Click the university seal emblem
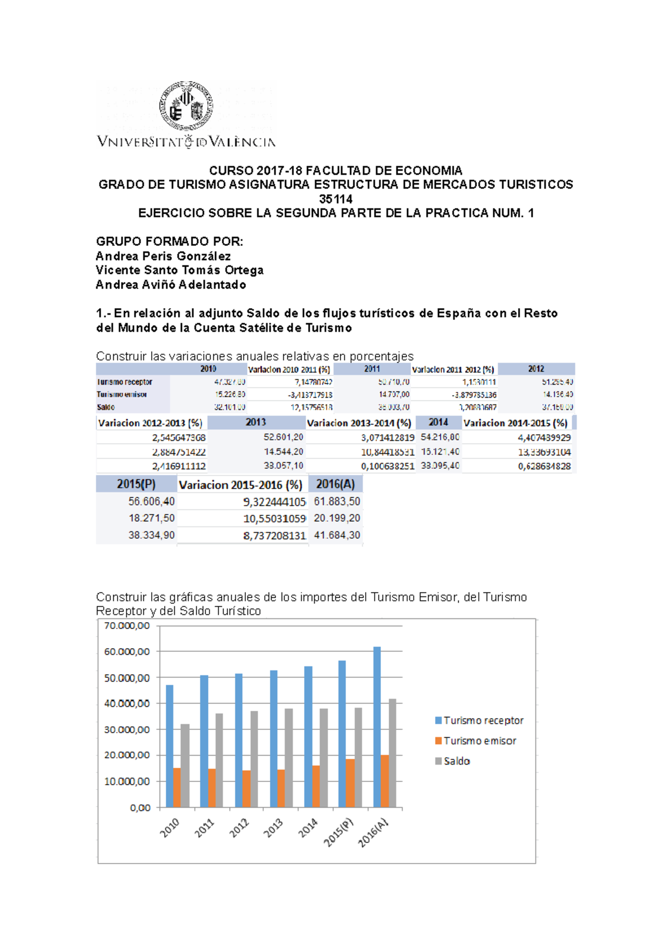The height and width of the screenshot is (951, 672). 186,106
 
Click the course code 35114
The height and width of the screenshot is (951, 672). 335,199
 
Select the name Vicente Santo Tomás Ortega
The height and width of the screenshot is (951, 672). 179,270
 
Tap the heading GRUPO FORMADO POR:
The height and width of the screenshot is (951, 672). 170,241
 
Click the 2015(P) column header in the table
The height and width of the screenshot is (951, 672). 136,484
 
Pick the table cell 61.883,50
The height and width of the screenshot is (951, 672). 337,501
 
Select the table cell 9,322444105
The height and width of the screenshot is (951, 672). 274,502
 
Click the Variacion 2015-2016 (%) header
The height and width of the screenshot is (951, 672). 241,484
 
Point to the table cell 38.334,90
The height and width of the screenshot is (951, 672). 151,535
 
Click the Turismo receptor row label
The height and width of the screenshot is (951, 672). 124,382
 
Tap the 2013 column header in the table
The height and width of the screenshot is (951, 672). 255,422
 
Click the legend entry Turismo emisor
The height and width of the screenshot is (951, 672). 479,740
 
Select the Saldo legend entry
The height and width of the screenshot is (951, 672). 456,761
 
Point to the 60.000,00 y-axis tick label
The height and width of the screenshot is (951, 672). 127,651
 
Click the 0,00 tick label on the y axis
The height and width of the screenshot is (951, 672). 140,808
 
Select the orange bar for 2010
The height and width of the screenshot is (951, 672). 177,787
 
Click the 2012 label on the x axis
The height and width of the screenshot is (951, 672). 239,827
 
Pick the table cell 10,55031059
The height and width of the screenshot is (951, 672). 274,519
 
